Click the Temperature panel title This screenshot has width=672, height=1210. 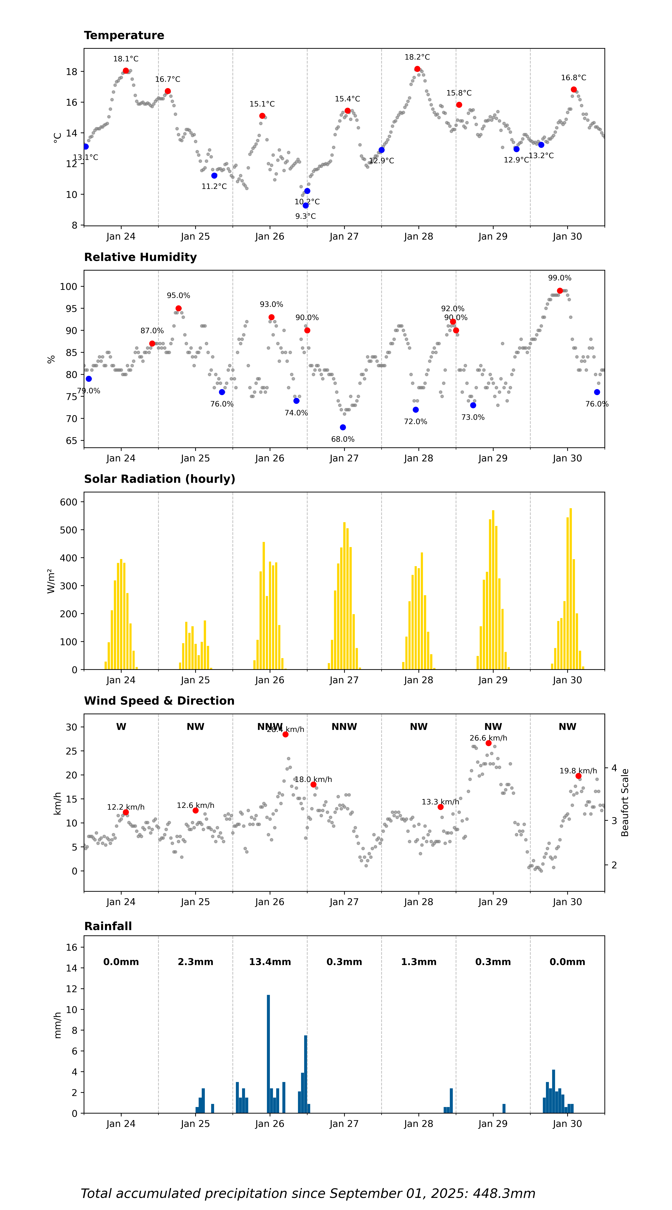coord(124,35)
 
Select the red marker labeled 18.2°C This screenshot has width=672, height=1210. coord(417,69)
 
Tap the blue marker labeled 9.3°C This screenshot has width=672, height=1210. coord(306,205)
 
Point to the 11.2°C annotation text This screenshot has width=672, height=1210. coord(214,186)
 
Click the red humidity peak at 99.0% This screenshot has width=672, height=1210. coord(560,291)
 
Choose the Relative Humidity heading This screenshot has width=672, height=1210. coord(140,257)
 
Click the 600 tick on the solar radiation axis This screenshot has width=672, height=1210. coord(69,502)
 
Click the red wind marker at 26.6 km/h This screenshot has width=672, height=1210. coord(488,743)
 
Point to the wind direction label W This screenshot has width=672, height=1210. coord(121,727)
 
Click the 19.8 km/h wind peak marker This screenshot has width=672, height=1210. coord(578,776)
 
